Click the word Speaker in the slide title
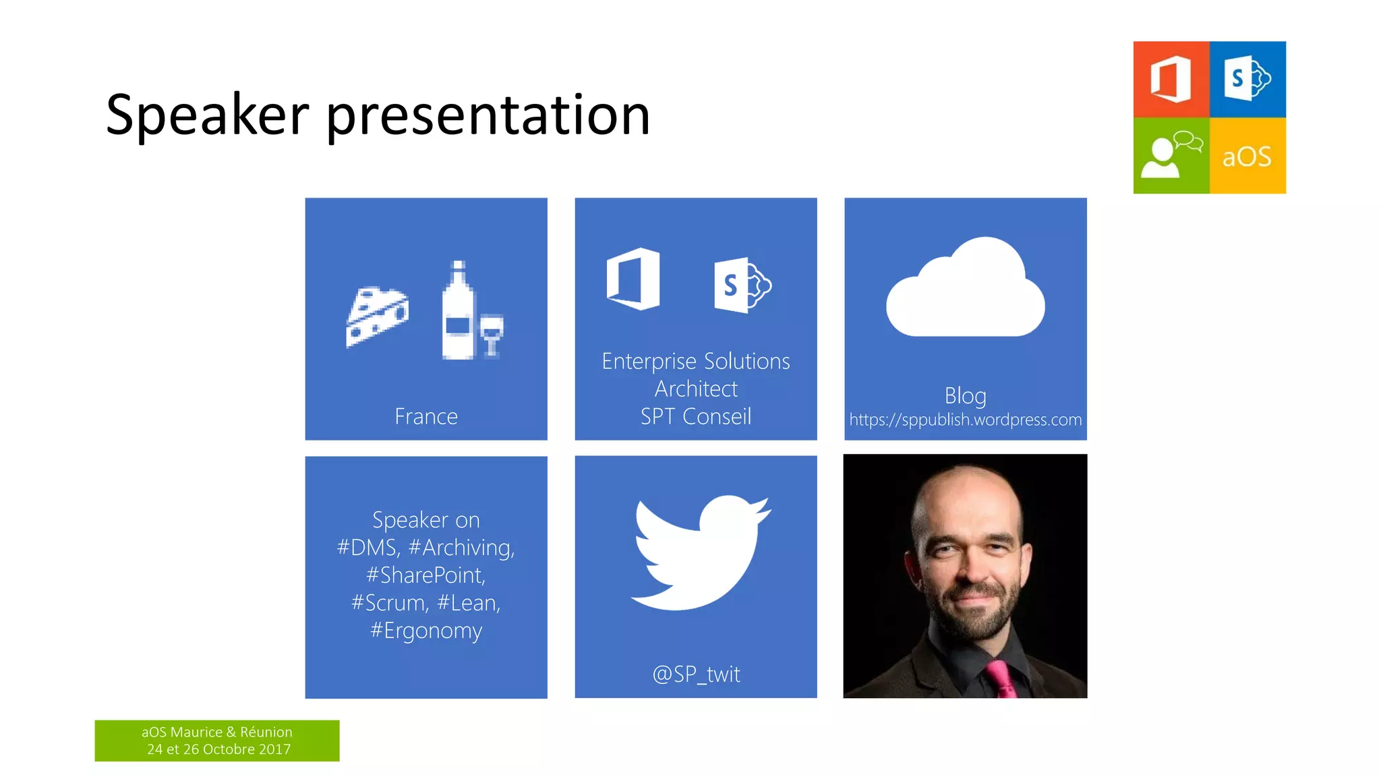207,115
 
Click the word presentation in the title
488,116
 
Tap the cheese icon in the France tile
377,316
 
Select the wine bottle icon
459,312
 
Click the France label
426,416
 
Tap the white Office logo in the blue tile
633,279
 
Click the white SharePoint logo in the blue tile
742,285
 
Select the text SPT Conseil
695,416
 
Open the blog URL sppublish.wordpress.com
965,420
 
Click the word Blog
965,395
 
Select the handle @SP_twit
696,674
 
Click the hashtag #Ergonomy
426,631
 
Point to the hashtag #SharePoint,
426,575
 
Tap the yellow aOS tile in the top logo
1247,156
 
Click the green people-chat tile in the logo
1171,156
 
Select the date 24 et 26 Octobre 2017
218,749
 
